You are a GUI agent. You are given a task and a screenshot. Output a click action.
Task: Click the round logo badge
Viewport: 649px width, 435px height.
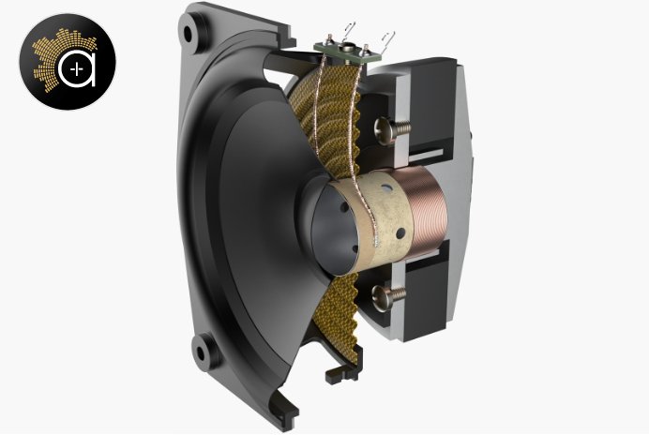click(67, 61)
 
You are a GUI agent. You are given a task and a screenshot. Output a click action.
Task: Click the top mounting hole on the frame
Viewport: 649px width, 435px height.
click(190, 34)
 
